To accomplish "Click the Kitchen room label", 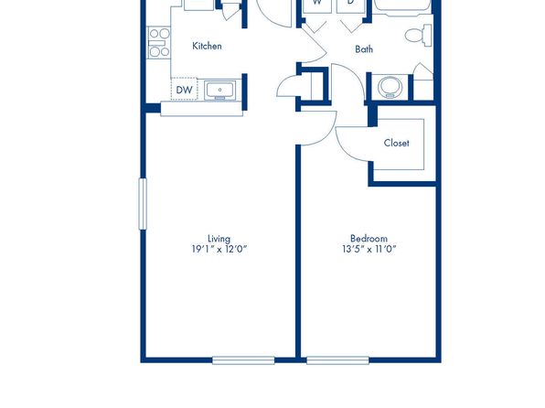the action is pos(207,46).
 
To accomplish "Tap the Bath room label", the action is pos(364,49).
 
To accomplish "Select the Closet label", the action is pos(396,143).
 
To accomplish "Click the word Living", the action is pos(219,239).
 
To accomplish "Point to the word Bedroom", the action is pos(369,239).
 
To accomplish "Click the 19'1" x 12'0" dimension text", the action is pos(219,249).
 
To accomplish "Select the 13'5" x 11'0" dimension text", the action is pos(369,249).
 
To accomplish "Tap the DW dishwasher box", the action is pos(184,89).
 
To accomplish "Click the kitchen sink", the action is pos(219,90).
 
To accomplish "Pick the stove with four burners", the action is pos(159,42).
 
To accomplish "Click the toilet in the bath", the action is pos(419,35).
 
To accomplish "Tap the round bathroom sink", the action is pos(390,87).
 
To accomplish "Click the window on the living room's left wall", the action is pos(143,204).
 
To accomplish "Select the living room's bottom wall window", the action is pos(243,360).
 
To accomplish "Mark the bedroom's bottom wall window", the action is pos(337,360).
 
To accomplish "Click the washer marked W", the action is pos(317,5).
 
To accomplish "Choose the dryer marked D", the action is pos(350,5).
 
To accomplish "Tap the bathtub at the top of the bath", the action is pos(402,7).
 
